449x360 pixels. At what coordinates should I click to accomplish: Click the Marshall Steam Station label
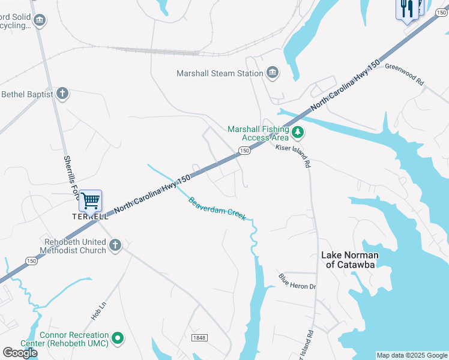[220, 73]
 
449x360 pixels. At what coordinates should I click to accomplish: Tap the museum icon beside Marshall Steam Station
[273, 73]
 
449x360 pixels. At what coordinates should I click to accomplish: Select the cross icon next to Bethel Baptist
[62, 94]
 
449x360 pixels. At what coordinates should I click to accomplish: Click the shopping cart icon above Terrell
[91, 200]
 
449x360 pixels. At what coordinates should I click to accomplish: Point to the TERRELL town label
[91, 216]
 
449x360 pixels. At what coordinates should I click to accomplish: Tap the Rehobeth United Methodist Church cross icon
[115, 245]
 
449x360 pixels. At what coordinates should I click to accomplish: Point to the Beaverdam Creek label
[217, 208]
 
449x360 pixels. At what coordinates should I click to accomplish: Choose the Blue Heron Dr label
[297, 281]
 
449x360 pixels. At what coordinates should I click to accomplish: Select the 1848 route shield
[199, 338]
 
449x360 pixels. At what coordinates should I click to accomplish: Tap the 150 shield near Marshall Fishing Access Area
[243, 151]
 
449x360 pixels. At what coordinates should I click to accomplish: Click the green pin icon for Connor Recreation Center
[118, 339]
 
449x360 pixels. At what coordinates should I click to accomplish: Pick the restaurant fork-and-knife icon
[407, 8]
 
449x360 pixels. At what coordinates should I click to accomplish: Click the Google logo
[20, 353]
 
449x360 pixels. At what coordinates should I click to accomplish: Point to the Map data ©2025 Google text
[412, 355]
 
